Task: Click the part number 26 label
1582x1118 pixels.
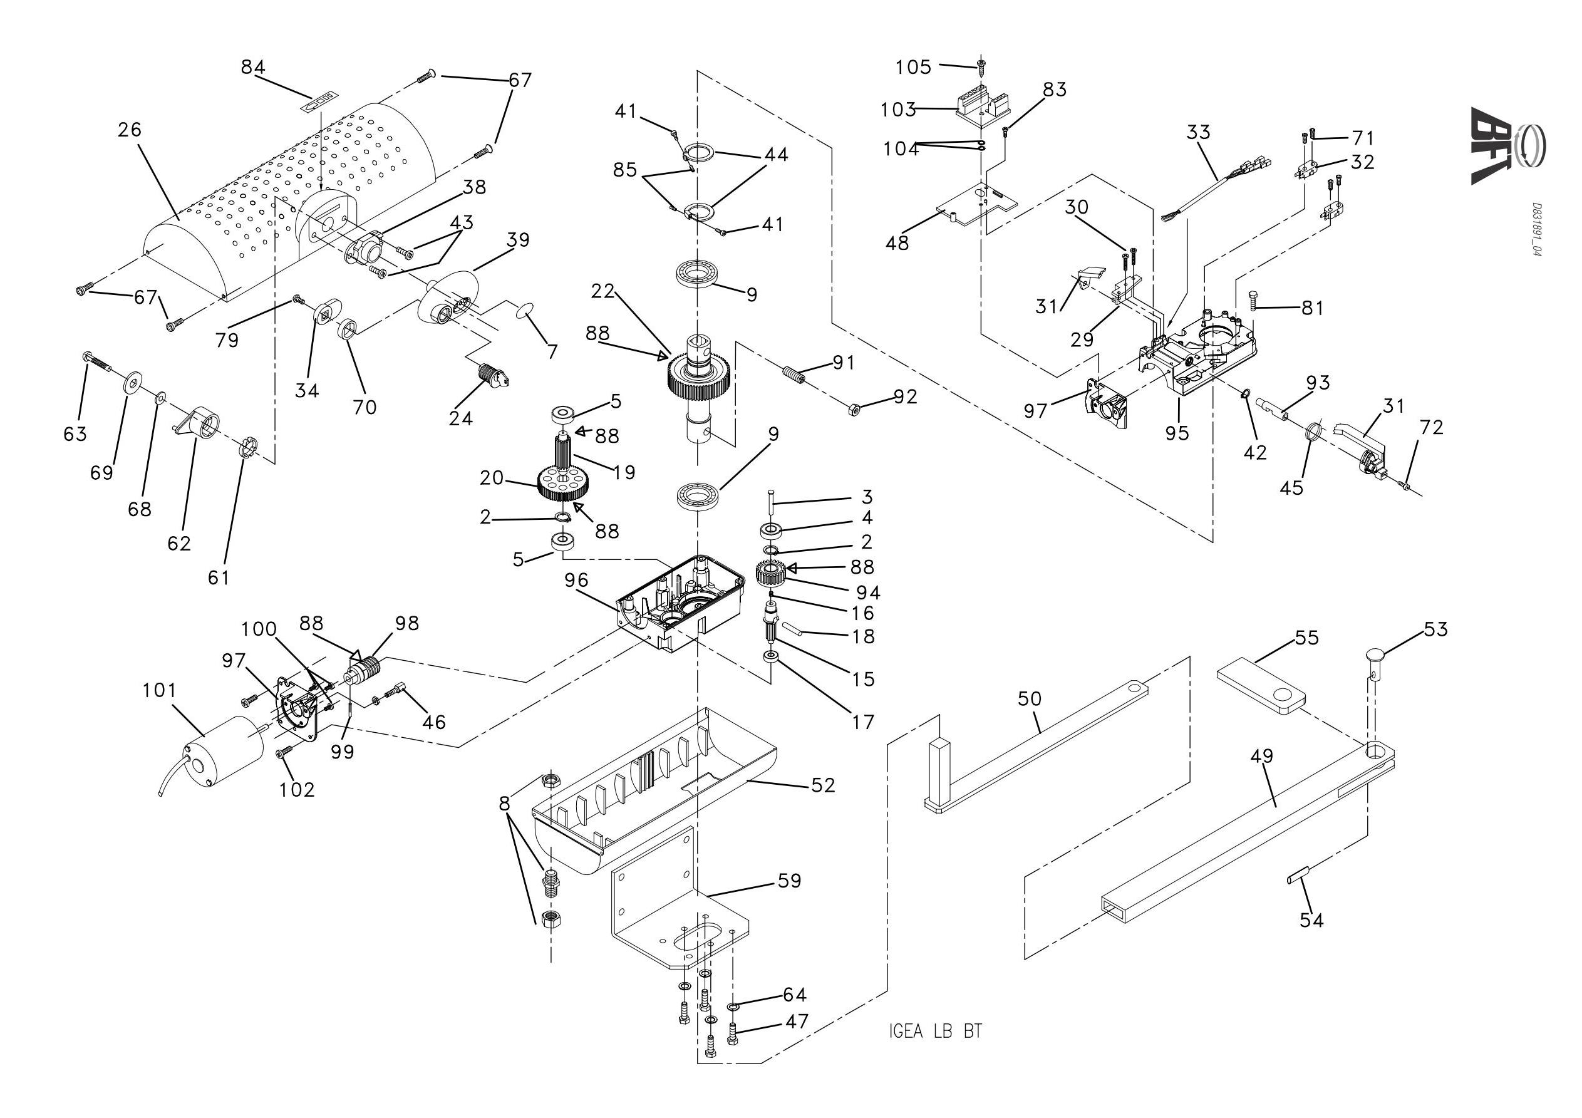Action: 130,129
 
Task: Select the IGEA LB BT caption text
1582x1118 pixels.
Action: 936,1032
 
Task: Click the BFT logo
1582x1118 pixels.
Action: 1507,145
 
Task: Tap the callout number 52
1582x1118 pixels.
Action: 823,785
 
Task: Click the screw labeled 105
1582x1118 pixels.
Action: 981,67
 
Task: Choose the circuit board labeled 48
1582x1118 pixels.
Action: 981,205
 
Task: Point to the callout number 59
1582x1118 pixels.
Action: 790,880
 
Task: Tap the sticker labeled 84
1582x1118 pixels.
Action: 321,101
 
